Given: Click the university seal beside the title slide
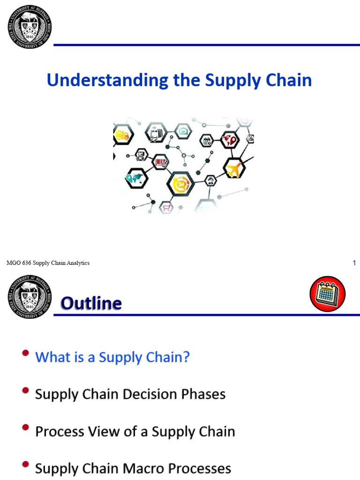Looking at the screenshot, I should [29, 24].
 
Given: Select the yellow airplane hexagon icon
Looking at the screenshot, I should [233, 168].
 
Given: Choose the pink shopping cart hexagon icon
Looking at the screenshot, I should [166, 207].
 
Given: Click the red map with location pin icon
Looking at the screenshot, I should [230, 139].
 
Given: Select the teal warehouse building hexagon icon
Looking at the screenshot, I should [183, 131].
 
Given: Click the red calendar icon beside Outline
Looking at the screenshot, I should [327, 293].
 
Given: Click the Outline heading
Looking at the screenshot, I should [91, 304].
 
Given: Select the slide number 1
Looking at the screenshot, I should [354, 263].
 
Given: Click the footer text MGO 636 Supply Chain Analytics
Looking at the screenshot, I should [48, 263].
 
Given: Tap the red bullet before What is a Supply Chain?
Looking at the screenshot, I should [27, 353].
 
